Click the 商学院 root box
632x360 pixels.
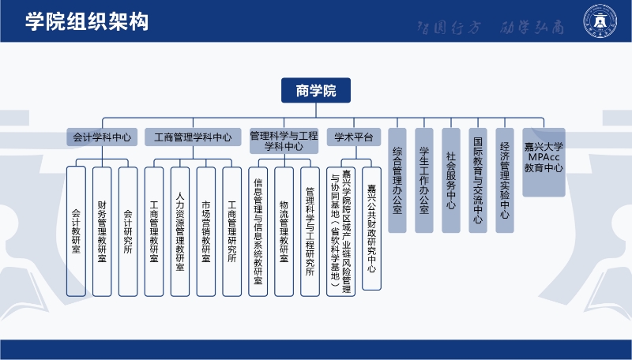[x=316, y=91]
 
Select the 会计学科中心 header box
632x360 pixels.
[x=102, y=137]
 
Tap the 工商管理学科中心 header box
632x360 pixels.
[x=193, y=137]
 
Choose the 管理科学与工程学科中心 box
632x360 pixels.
[x=284, y=141]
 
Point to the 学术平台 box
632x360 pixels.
[x=353, y=137]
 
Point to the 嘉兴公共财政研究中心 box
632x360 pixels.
[x=371, y=229]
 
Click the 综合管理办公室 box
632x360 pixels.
[x=397, y=180]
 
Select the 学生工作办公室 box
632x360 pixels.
[x=424, y=180]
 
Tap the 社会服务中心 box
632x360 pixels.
[x=450, y=180]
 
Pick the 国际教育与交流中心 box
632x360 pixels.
[x=477, y=180]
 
